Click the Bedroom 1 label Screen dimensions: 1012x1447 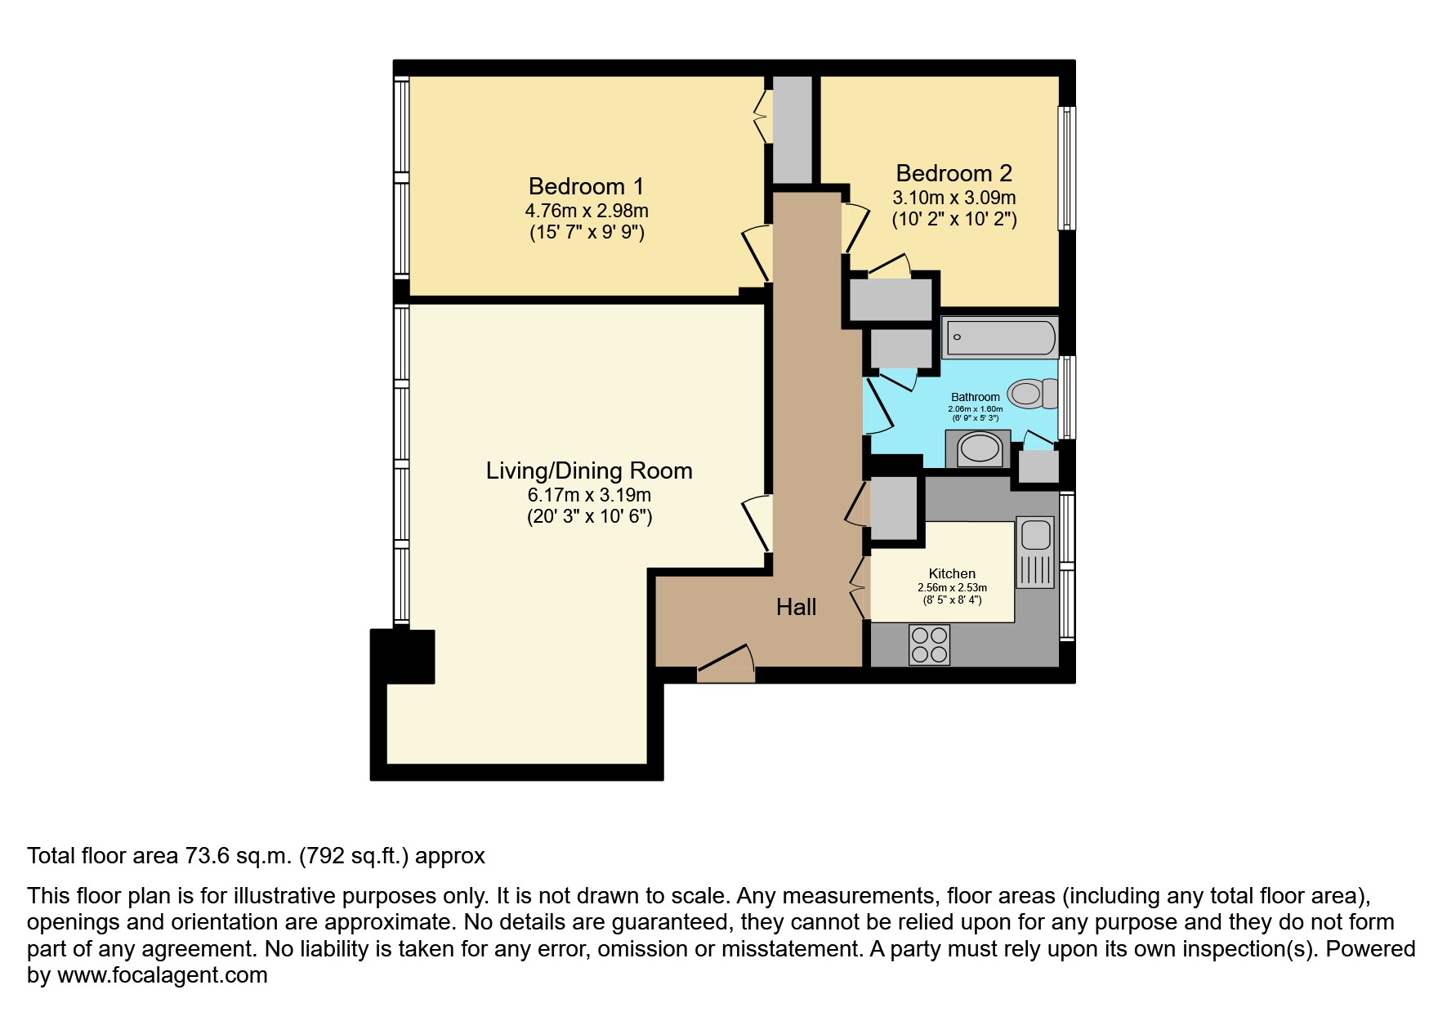click(x=586, y=186)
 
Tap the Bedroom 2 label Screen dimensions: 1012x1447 click(x=954, y=173)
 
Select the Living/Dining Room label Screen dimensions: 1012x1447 click(x=588, y=470)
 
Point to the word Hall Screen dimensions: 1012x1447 click(x=796, y=607)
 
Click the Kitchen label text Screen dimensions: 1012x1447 click(x=952, y=573)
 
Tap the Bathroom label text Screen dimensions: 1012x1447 click(x=975, y=397)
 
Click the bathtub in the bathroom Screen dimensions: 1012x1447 click(x=999, y=337)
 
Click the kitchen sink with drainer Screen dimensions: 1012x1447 click(x=1035, y=552)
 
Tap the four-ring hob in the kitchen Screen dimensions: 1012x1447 click(x=929, y=644)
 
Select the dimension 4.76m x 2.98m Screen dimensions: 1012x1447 click(x=586, y=211)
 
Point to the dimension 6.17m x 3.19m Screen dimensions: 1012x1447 click(x=588, y=495)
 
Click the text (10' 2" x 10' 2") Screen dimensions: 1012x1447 click(x=954, y=219)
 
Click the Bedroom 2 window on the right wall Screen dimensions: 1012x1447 click(x=1066, y=167)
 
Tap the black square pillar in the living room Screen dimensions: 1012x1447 click(x=404, y=656)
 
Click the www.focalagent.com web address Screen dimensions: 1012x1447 click(x=162, y=975)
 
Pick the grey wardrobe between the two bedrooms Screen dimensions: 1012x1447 click(x=792, y=129)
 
